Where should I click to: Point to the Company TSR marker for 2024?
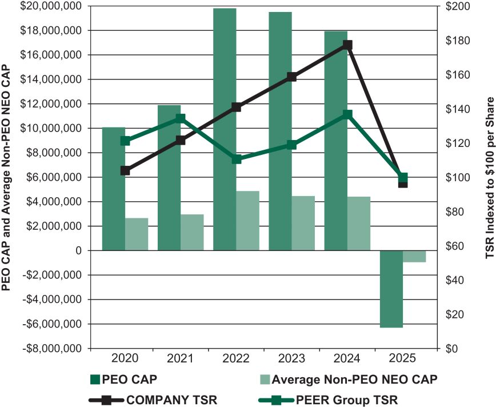[x=347, y=45]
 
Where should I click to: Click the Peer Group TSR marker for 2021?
[x=180, y=118]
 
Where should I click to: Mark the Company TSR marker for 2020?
[x=125, y=170]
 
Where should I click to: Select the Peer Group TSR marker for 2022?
[x=236, y=159]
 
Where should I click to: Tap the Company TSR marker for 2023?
[x=292, y=77]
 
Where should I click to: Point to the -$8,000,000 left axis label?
[x=51, y=348]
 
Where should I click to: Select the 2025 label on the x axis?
[x=402, y=358]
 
